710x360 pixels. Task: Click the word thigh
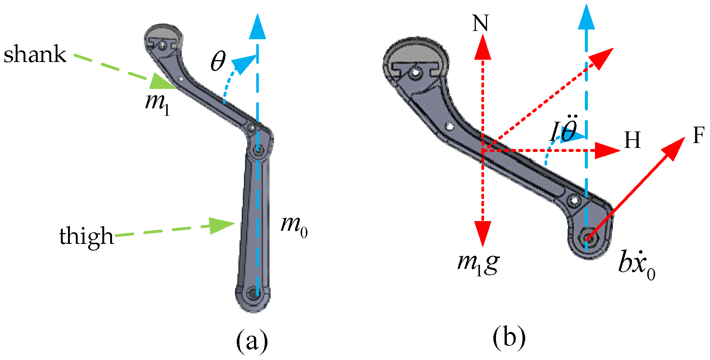pyautogui.click(x=86, y=236)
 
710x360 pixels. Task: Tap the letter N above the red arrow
pyautogui.click(x=480, y=24)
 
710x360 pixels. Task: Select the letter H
pyautogui.click(x=632, y=140)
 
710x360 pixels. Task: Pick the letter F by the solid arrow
pyautogui.click(x=698, y=135)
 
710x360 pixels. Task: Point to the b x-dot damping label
pyautogui.click(x=636, y=264)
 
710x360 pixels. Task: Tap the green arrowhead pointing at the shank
pyautogui.click(x=161, y=82)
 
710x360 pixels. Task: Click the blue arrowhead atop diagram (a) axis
pyautogui.click(x=257, y=27)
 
